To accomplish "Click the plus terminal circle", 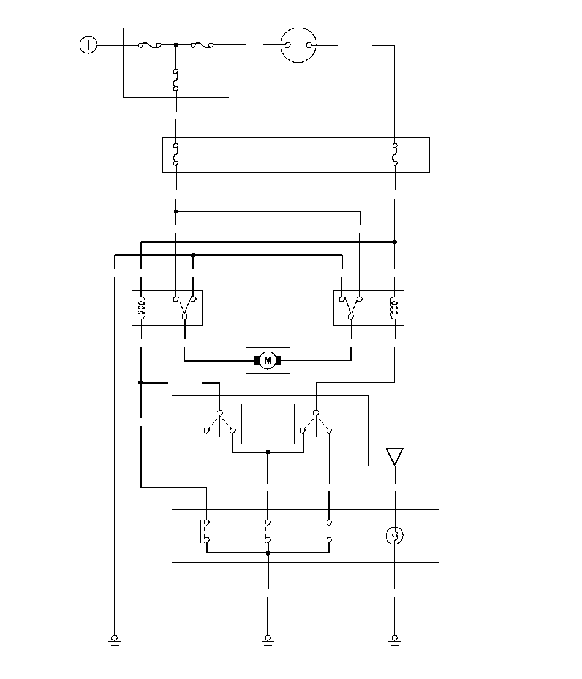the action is (x=88, y=45).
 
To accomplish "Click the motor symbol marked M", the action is (x=268, y=360).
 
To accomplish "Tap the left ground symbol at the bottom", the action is (x=115, y=641).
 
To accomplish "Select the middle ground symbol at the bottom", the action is (x=268, y=641).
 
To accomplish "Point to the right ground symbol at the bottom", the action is (x=395, y=641).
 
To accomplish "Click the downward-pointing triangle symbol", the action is (x=395, y=457).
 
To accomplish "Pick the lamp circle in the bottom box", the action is (x=395, y=536).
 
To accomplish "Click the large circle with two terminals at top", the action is (x=298, y=45).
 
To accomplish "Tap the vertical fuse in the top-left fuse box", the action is (x=176, y=80).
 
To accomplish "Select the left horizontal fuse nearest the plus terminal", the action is (x=149, y=45).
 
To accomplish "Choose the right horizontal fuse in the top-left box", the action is (x=202, y=45).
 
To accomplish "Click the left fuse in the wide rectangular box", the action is (x=176, y=154).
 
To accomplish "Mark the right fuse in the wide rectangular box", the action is (x=395, y=154).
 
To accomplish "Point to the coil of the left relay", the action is (x=142, y=308).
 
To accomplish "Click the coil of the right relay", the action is (x=395, y=308).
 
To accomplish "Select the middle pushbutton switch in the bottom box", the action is (x=267, y=531).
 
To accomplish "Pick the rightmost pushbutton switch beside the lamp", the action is (x=328, y=531).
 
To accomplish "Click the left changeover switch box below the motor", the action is (x=219, y=423).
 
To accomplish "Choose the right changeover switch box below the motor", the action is (x=316, y=423).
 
